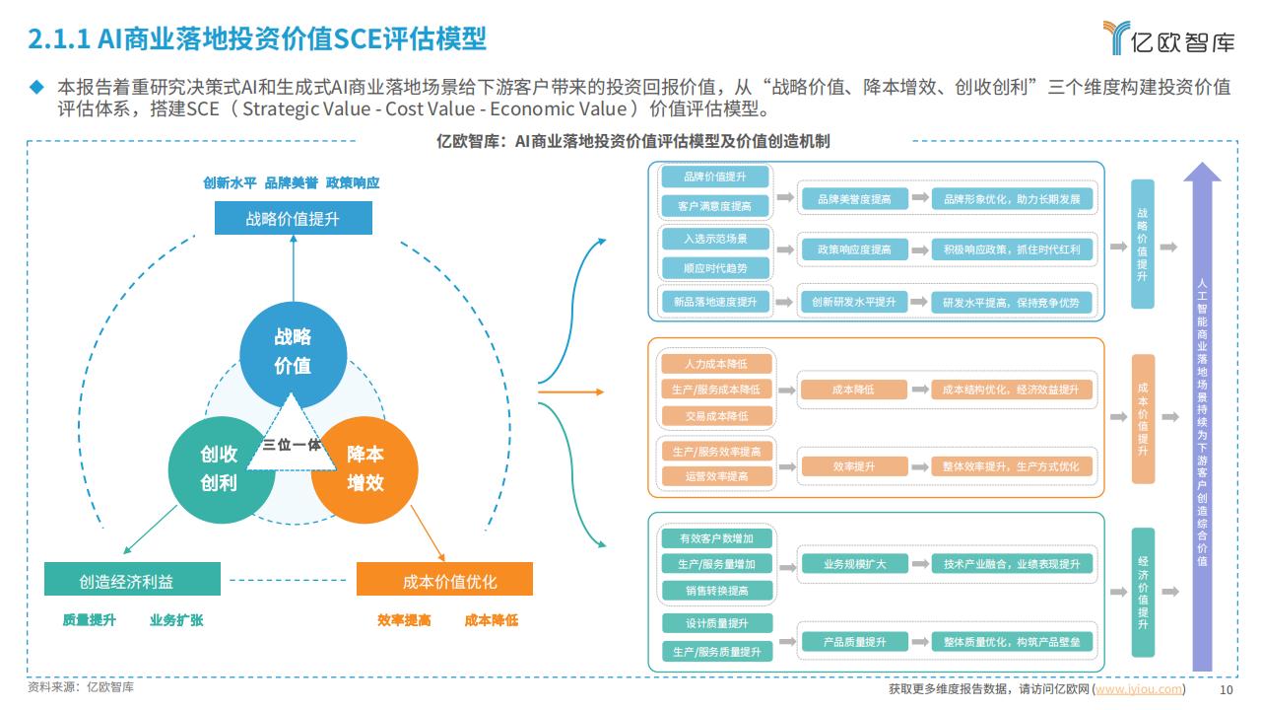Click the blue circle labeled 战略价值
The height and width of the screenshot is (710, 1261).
coord(293,354)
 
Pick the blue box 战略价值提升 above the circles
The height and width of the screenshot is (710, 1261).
coord(294,218)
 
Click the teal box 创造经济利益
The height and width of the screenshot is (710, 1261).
coord(132,579)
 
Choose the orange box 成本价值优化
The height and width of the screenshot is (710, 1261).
coord(444,579)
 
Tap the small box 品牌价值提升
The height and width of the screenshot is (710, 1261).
coord(715,177)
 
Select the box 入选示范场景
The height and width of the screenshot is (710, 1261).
coord(715,239)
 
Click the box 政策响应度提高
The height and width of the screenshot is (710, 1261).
coord(854,249)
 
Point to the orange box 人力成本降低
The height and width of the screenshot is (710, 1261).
coord(716,364)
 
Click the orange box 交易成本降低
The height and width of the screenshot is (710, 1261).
coord(716,416)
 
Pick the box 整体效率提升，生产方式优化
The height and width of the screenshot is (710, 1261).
coord(1012,466)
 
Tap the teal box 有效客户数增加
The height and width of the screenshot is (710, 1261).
coord(716,538)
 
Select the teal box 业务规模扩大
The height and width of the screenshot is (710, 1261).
coord(854,563)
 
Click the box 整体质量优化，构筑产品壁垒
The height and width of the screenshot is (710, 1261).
coord(1012,641)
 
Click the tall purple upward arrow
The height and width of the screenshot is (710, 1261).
coord(1202,417)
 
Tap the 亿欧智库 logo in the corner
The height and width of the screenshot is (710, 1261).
coord(1169,37)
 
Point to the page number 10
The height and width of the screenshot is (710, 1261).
coord(1227,689)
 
